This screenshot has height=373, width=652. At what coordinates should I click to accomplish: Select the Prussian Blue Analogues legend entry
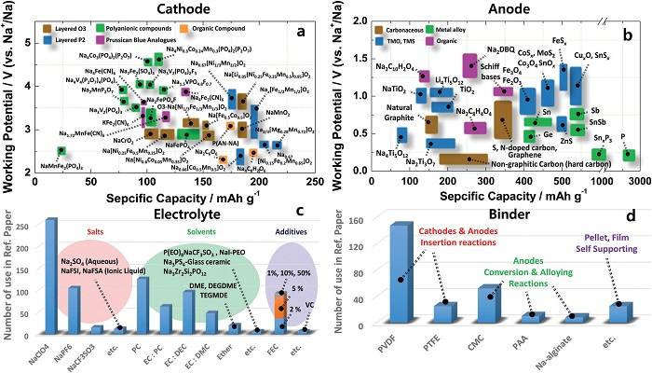177,43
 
